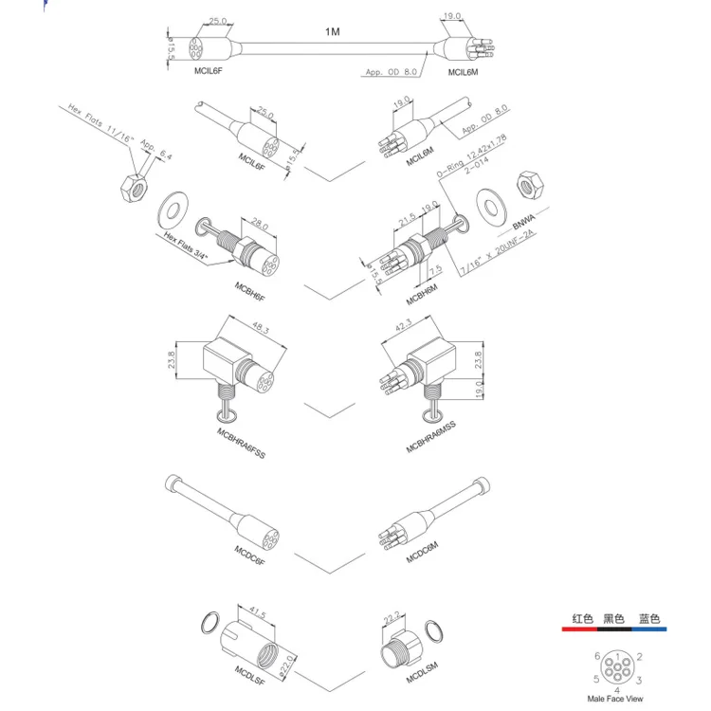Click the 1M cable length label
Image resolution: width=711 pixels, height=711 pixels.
[x=332, y=31]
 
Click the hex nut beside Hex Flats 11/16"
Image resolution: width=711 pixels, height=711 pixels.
[x=132, y=185]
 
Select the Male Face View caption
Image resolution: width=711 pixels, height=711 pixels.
[x=614, y=698]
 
